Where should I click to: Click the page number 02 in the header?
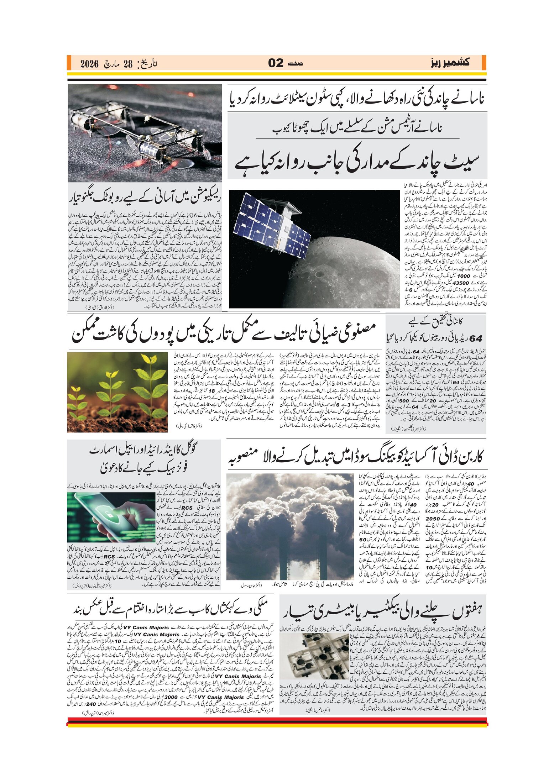click(x=276, y=63)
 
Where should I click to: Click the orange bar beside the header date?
click(x=69, y=63)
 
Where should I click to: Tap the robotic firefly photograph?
click(x=145, y=133)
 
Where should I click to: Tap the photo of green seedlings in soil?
click(x=117, y=392)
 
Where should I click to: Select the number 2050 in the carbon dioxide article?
click(x=433, y=519)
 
